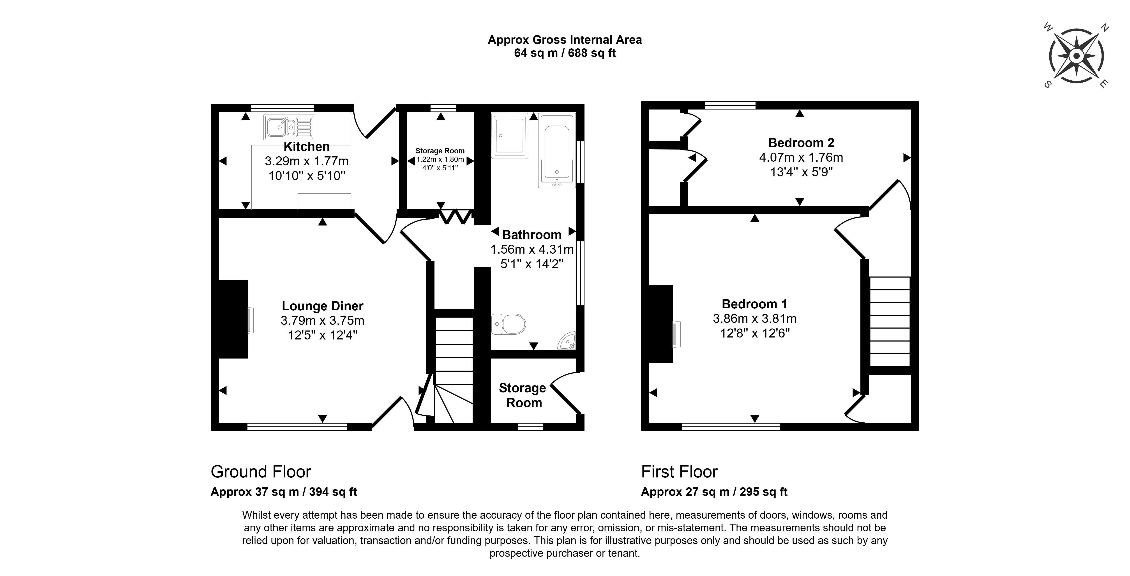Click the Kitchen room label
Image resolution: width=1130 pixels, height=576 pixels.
[307, 147]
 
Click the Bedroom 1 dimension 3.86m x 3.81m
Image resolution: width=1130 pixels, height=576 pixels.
[754, 318]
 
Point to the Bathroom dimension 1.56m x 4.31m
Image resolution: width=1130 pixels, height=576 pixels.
[532, 250]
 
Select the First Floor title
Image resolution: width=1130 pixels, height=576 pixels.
[679, 472]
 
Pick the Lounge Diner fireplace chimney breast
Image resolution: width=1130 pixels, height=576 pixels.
[233, 319]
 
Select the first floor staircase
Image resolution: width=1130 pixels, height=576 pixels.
[890, 321]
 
